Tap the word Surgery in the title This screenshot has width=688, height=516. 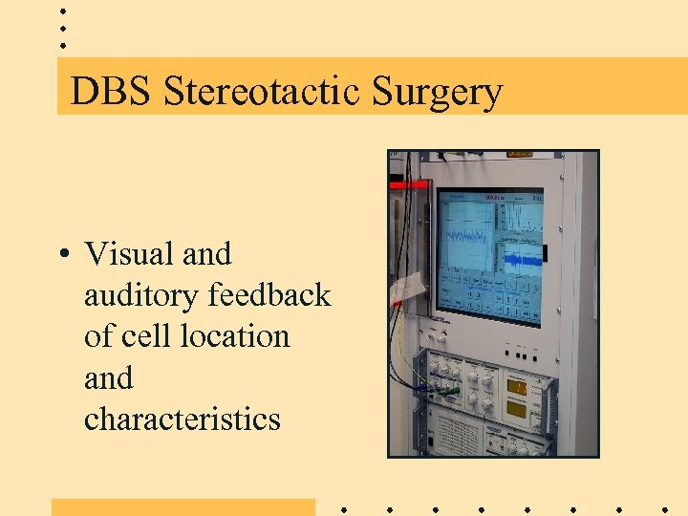437,93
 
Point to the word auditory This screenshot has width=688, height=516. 142,296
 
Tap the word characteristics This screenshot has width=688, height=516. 183,419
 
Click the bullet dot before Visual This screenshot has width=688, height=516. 61,255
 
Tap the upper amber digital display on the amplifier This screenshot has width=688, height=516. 518,387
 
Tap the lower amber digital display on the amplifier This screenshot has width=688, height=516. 518,410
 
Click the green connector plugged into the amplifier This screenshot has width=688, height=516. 449,390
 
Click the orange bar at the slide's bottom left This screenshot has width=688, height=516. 183,506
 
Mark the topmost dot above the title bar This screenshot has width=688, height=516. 62,11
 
